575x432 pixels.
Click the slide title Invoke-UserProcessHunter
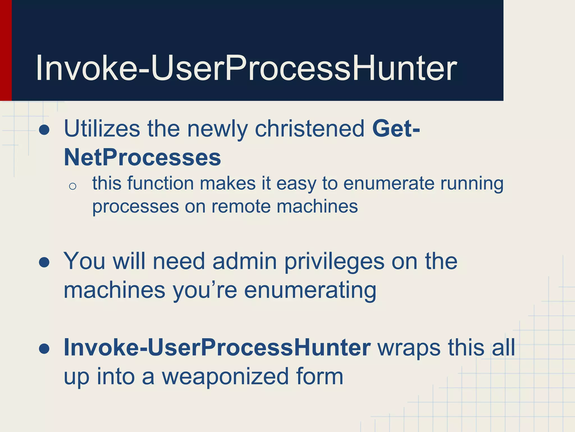point(246,68)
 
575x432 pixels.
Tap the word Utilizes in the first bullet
point(102,129)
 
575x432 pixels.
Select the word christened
point(309,129)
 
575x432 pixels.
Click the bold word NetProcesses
point(142,157)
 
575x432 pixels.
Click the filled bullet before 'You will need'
point(44,262)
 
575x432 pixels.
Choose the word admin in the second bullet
point(245,262)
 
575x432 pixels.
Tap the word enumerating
point(310,291)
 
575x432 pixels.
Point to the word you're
point(205,291)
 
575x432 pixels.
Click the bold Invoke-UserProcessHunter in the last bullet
point(217,348)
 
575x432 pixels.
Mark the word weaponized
point(225,377)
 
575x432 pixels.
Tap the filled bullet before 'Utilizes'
point(44,130)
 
